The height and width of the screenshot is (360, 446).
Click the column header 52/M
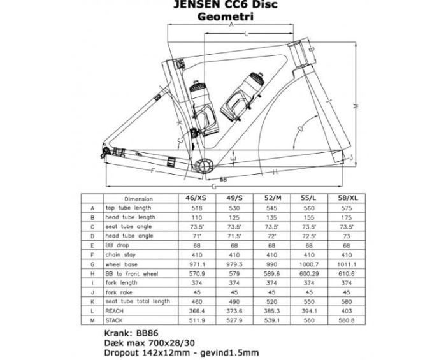pos(273,198)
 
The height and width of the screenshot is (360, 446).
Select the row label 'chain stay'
pos(119,254)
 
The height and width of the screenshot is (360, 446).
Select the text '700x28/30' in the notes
pos(166,343)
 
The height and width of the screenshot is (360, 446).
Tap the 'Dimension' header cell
pos(138,199)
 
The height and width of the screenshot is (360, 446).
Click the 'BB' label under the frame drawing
pos(224,180)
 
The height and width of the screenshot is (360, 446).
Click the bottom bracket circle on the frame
pos(204,165)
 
